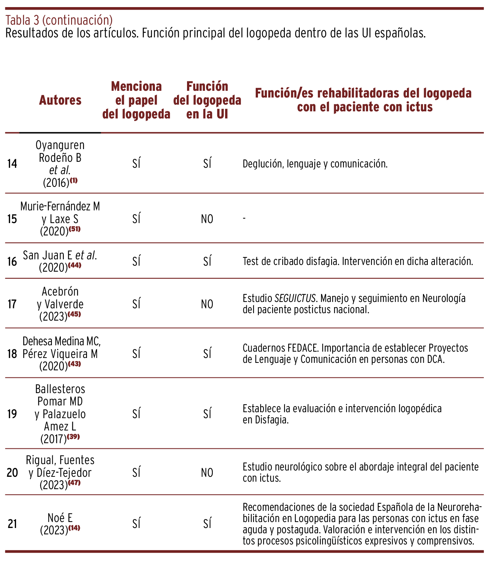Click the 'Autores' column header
[x=60, y=100]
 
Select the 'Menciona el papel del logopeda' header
[x=136, y=100]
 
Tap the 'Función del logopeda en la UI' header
[x=207, y=100]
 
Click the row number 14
[x=12, y=164]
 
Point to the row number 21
[x=12, y=524]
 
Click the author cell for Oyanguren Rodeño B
[x=60, y=163]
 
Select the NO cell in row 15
[x=207, y=219]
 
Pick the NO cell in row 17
[x=207, y=304]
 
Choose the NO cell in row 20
[x=207, y=473]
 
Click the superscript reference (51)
[x=74, y=229]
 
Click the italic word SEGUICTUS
[x=295, y=299]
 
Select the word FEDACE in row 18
[x=303, y=348]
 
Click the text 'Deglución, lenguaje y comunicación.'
[x=315, y=164]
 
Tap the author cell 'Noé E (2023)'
[x=60, y=524]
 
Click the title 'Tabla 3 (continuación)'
[x=59, y=20]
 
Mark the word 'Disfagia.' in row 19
[x=272, y=420]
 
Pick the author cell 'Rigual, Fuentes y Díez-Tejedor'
[x=60, y=473]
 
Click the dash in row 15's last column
[x=244, y=218]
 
